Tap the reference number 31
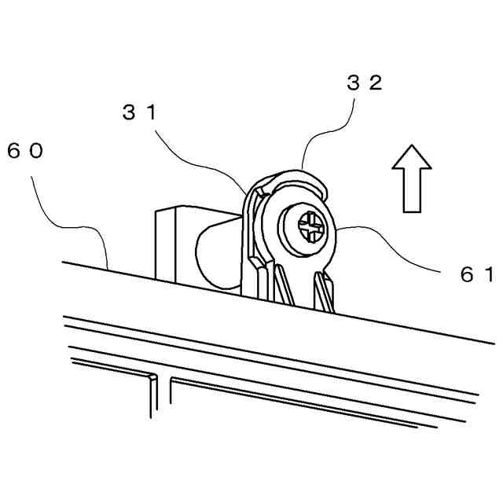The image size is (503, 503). point(139,112)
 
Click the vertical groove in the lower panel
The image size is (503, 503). point(153,397)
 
